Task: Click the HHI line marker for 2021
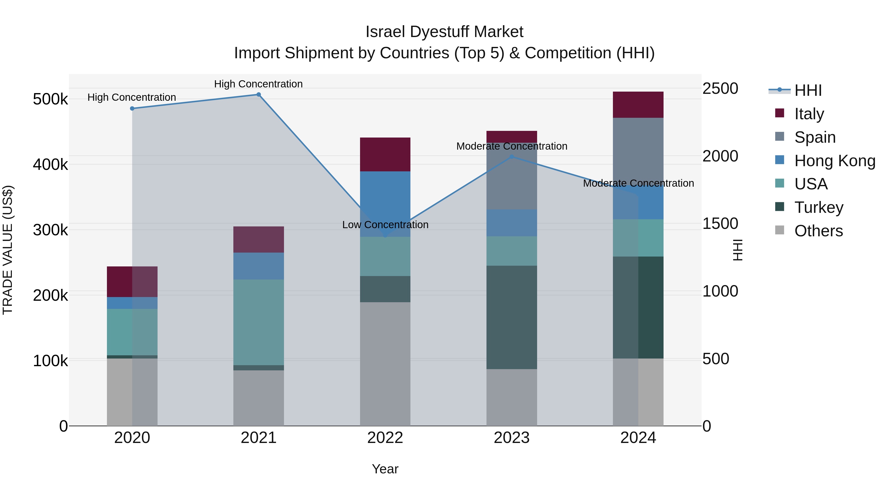[x=259, y=95]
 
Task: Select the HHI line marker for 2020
[x=132, y=108]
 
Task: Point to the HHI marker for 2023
[x=512, y=157]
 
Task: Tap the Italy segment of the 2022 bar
[x=385, y=154]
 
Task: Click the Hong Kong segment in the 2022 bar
[x=385, y=204]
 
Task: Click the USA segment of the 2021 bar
[x=259, y=322]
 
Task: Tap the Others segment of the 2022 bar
[x=385, y=364]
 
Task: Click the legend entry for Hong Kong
[x=834, y=161]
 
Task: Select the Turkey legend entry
[x=819, y=207]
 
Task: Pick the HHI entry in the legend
[x=808, y=90]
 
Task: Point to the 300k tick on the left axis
[x=50, y=230]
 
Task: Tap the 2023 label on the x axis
[x=512, y=438]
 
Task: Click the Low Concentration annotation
[x=385, y=225]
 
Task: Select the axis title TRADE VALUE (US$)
[x=8, y=250]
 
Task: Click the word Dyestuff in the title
[x=438, y=32]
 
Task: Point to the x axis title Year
[x=385, y=469]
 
